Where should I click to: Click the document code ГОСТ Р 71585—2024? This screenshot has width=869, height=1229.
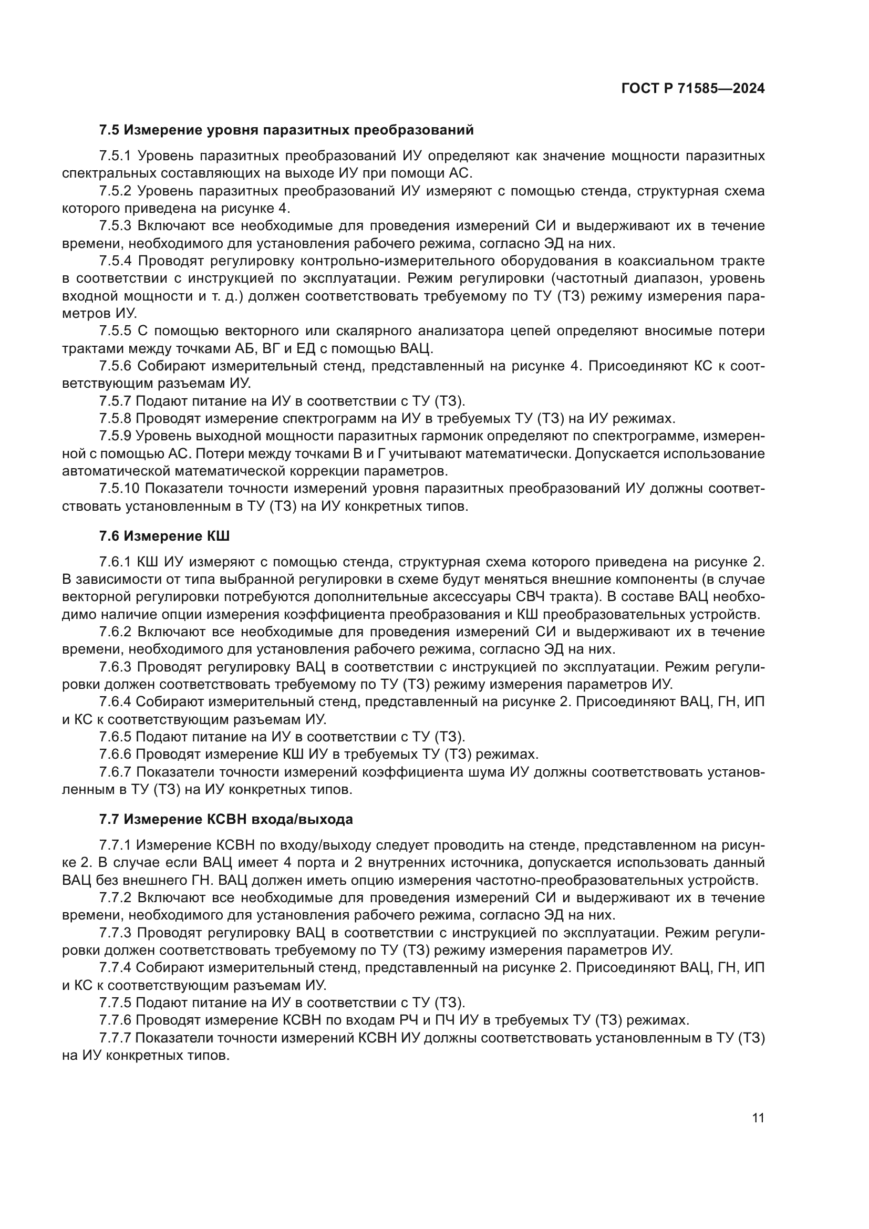click(693, 89)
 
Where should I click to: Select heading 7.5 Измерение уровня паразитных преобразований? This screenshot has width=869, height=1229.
click(286, 130)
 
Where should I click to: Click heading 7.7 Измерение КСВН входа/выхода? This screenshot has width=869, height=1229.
click(226, 819)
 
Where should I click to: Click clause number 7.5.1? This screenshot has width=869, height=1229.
click(115, 156)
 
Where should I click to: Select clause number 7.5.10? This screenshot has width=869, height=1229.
click(119, 489)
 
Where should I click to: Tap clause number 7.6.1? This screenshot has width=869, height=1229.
click(115, 562)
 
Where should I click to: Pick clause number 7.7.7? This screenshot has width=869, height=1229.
click(115, 1038)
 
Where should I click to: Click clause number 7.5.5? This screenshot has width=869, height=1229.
click(115, 332)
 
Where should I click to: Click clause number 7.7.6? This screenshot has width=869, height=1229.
click(115, 1020)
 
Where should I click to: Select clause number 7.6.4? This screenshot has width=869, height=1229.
click(115, 702)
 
